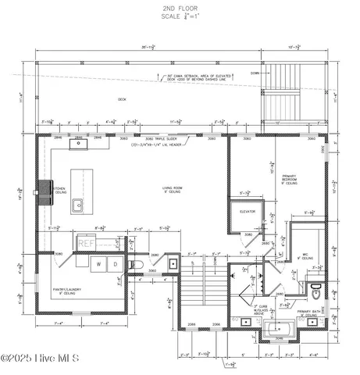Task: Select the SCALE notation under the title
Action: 180,16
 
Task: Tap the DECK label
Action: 122,100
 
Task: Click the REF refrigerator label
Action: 87,244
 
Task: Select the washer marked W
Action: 100,265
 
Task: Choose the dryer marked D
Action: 116,265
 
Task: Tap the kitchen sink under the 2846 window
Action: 80,144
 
